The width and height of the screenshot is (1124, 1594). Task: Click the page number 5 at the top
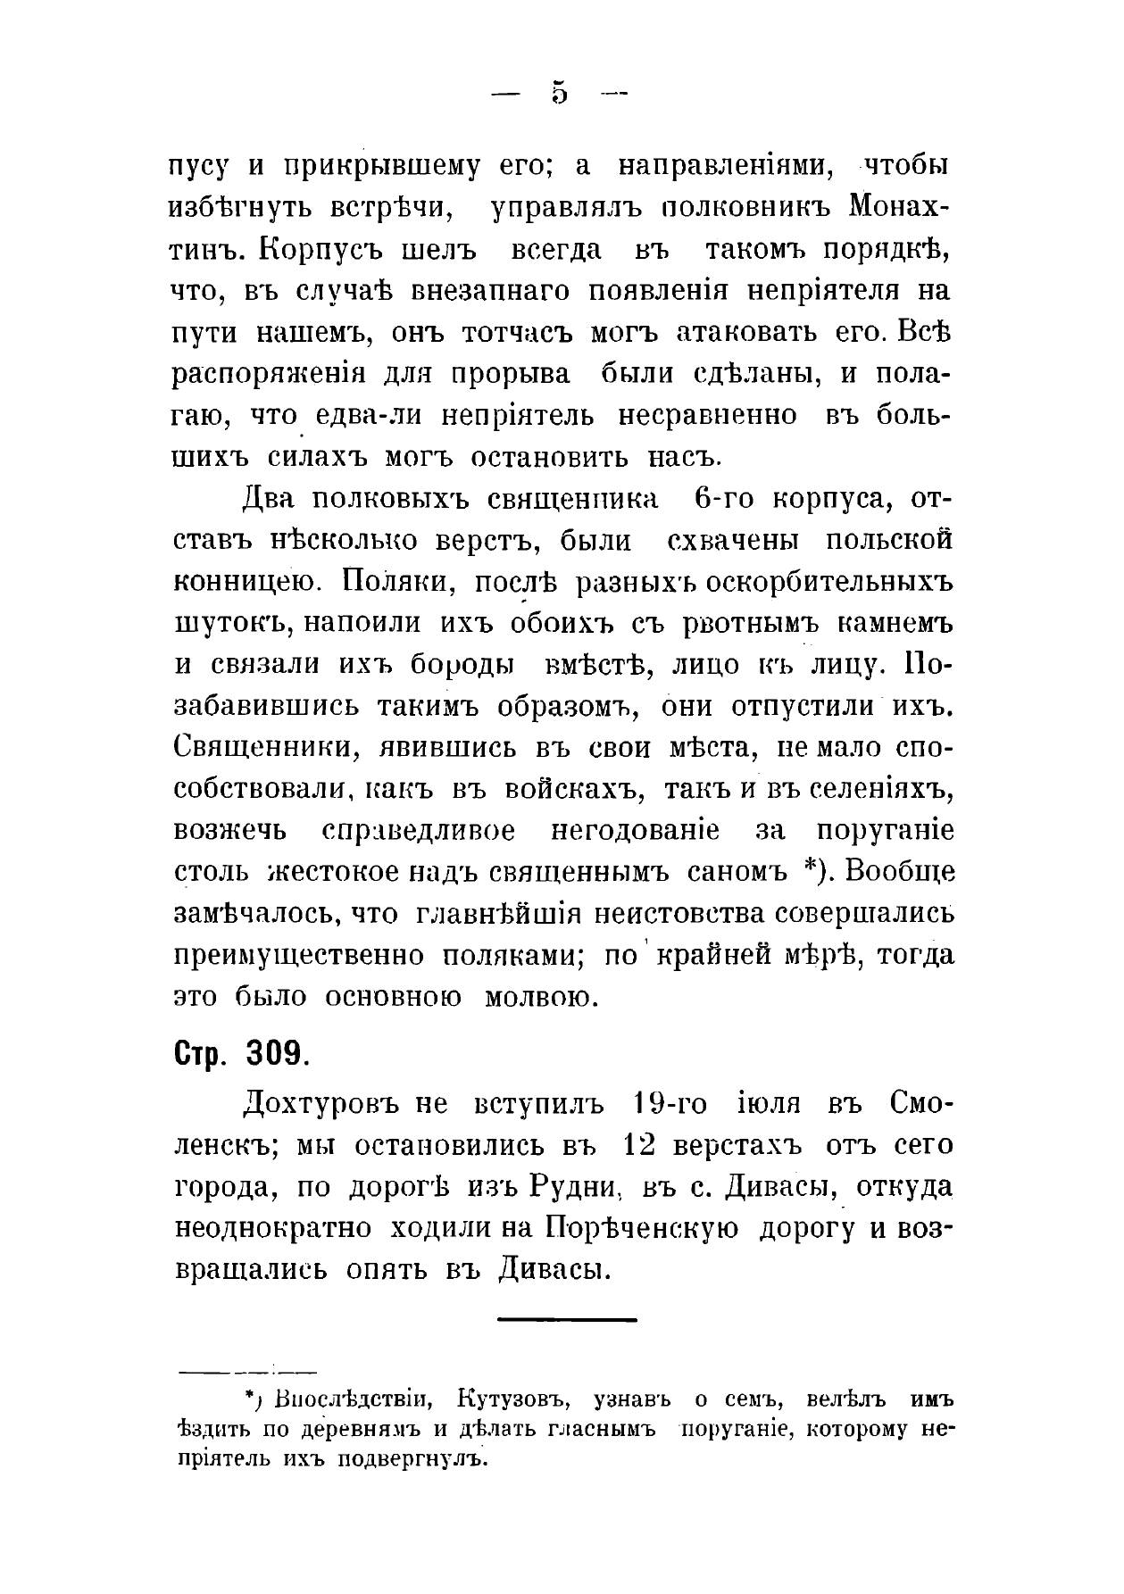(x=560, y=92)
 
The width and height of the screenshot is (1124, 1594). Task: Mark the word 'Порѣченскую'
(x=641, y=1228)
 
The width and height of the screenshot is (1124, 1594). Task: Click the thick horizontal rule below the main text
(x=566, y=1319)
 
